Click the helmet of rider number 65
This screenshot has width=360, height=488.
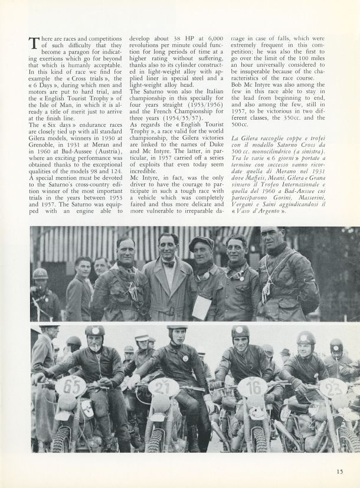tap(94, 332)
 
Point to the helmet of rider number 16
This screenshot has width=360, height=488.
tap(240, 332)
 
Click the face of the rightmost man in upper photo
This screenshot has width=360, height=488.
tap(275, 241)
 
